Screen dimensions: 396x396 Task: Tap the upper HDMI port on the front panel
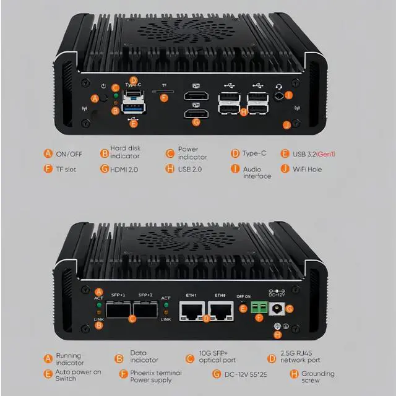pyautogui.click(x=197, y=97)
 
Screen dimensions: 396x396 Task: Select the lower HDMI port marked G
pyautogui.click(x=197, y=114)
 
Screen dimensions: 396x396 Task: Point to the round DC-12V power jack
pyautogui.click(x=277, y=308)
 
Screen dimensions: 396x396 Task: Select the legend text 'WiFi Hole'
pyautogui.click(x=308, y=168)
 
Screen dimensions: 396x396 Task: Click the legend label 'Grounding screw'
pyautogui.click(x=318, y=377)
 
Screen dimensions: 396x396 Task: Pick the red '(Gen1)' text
pyautogui.click(x=325, y=153)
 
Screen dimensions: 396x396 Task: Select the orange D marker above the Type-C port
pyautogui.click(x=133, y=80)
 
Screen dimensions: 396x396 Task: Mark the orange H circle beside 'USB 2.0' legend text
pyautogui.click(x=170, y=168)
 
